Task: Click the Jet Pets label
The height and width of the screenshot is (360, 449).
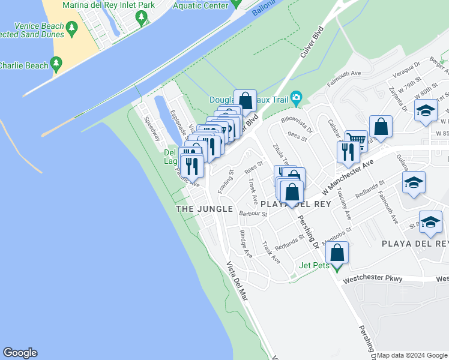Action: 315,265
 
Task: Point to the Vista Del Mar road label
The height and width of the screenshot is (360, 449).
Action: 237,282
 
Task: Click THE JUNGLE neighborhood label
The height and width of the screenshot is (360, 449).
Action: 204,208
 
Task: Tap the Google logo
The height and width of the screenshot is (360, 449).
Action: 20,353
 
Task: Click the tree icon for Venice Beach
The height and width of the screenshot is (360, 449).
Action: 72,28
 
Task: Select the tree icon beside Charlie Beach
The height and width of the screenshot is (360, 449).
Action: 56,62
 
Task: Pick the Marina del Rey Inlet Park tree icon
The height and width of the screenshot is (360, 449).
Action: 142,18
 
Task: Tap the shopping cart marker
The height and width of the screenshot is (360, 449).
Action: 357,141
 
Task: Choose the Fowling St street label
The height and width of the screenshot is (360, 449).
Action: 229,178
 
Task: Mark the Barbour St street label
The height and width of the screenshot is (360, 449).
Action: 253,213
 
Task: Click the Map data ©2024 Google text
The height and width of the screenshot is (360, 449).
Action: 412,355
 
